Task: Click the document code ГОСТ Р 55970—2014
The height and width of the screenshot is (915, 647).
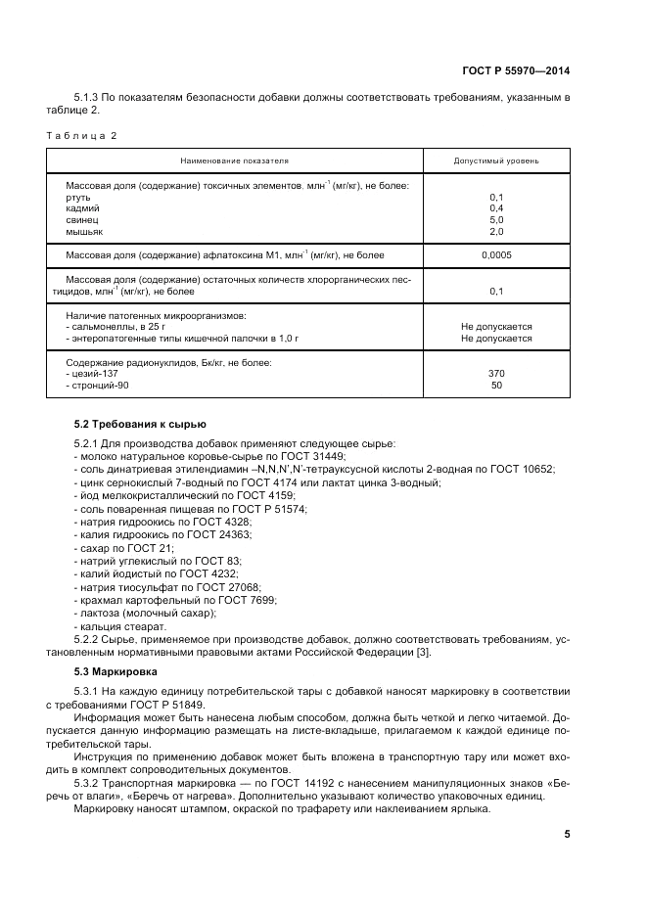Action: pos(516,70)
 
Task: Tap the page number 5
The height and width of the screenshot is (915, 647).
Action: pos(567,834)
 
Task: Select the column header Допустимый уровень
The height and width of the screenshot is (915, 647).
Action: pos(495,160)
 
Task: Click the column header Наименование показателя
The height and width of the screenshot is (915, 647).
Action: pos(234,160)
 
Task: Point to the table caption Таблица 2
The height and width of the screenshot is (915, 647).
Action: pos(81,135)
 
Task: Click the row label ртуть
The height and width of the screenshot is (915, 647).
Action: pos(78,197)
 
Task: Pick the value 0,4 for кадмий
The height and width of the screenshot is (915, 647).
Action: pos(495,208)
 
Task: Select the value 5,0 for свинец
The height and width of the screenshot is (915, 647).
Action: pos(495,220)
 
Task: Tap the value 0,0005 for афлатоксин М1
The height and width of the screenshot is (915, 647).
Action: pos(495,255)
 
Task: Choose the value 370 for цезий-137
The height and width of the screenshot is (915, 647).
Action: pos(495,374)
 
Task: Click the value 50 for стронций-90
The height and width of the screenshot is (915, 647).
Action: pos(495,386)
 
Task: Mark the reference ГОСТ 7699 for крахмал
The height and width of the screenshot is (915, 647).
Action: pos(246,599)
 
